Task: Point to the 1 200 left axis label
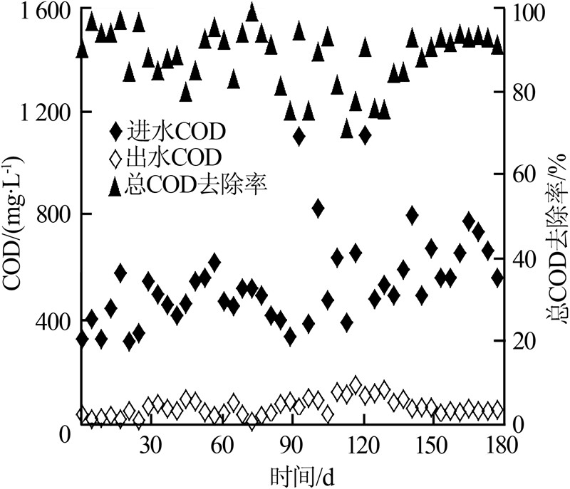click(37, 113)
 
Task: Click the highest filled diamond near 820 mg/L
click(318, 208)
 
